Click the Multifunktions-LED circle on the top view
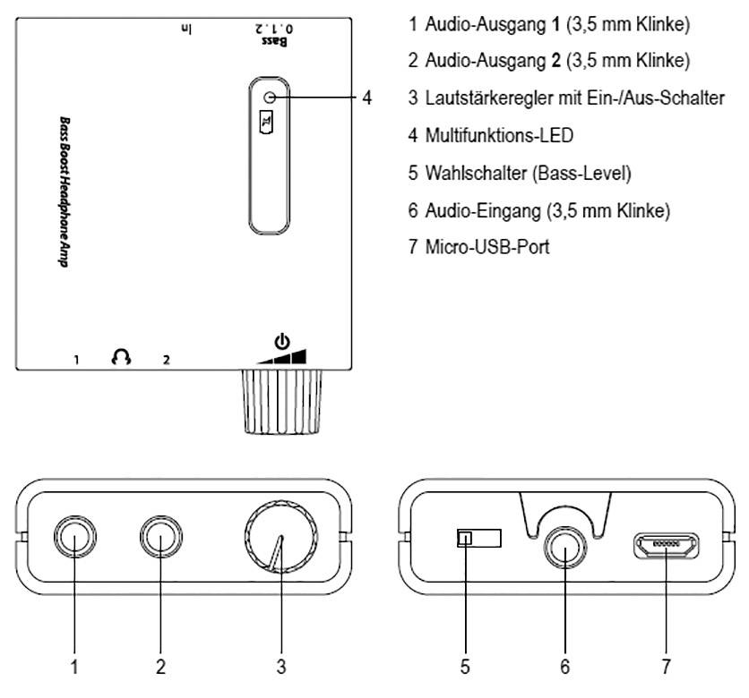pos(270,97)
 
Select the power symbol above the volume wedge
pos(282,340)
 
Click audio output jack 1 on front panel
pos(74,540)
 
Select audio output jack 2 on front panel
pos(160,540)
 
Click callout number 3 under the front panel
pos(280,665)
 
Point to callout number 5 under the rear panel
pos(465,665)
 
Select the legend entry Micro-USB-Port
pos(479,245)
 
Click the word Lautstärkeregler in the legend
pos(478,98)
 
